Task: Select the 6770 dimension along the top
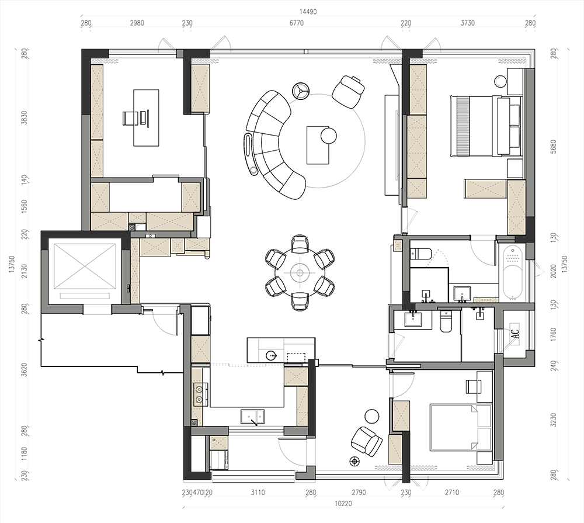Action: click(297, 23)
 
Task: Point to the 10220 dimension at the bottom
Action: click(343, 504)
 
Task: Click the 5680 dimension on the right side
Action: click(553, 147)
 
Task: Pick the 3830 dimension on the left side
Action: click(25, 118)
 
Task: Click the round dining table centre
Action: click(300, 273)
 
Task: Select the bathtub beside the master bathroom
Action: click(513, 273)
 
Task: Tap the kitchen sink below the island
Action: click(252, 417)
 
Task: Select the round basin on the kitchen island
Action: click(272, 355)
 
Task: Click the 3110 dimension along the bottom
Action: click(258, 493)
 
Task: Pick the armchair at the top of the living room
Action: click(348, 91)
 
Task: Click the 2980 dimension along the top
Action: click(137, 23)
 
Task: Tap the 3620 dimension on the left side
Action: click(25, 370)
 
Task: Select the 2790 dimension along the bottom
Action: click(359, 493)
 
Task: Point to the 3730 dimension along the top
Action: click(468, 23)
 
